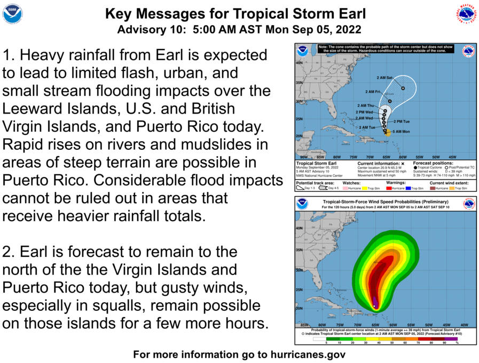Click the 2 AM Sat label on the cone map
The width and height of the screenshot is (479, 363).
384,78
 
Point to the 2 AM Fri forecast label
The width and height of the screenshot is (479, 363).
373,92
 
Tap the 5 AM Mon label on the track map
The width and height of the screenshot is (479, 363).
401,131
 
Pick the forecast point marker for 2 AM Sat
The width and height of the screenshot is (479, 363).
403,88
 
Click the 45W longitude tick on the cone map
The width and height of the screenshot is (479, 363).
452,157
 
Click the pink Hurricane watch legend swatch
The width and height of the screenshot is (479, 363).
345,188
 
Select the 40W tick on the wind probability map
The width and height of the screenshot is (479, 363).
465,325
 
